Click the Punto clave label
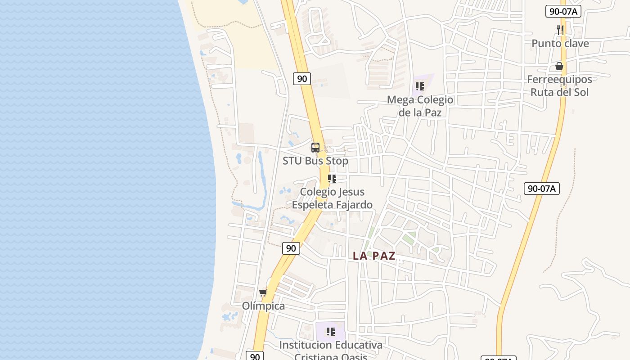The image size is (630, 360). point(560,44)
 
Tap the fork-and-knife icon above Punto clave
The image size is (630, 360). point(560,30)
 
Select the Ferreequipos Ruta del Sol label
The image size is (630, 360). point(559,86)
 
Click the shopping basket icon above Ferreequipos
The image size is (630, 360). point(559,67)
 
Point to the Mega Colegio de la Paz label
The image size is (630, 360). point(420,106)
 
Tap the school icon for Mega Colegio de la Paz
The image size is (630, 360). point(420,86)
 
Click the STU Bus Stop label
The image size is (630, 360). point(315,161)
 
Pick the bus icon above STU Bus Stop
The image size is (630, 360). point(315,148)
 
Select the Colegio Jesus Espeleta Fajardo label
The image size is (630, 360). point(332,198)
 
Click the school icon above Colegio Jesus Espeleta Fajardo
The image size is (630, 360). point(332,179)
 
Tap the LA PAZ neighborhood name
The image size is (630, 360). point(374,256)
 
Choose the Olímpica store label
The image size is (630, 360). point(263,306)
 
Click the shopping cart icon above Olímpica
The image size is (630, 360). point(263,293)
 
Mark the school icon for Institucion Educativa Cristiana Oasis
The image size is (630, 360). point(331,332)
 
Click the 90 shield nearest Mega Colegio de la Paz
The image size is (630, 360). point(302,79)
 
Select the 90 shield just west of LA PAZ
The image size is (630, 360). point(291,248)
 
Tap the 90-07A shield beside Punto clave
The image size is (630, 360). point(563,11)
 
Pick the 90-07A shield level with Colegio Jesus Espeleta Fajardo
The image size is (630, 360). point(542,189)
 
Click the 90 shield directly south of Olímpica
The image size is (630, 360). point(255,356)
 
